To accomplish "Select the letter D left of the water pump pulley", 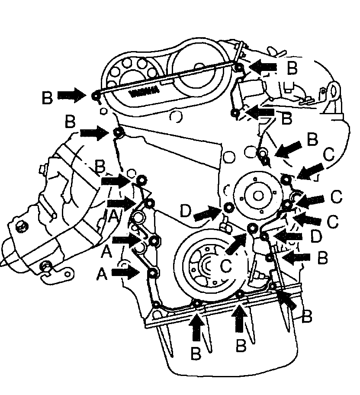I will click(x=186, y=212).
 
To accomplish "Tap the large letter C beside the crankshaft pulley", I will click(x=227, y=265).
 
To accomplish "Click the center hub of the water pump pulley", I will click(x=258, y=196).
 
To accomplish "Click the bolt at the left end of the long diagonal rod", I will click(x=96, y=95).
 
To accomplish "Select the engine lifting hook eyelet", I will click(x=333, y=90).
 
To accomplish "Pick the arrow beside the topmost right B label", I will click(x=264, y=66).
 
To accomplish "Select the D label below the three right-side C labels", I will click(x=316, y=236).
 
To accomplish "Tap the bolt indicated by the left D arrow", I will click(x=228, y=208).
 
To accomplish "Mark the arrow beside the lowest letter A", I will click(x=125, y=272).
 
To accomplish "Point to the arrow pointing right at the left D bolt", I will click(x=207, y=213).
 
